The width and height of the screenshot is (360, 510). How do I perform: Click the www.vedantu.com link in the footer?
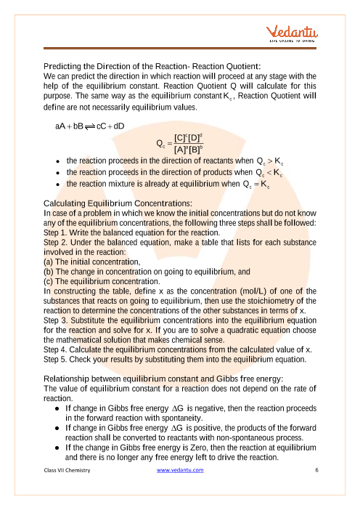pos(180,470)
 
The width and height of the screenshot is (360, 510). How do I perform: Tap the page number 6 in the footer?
pos(317,470)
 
